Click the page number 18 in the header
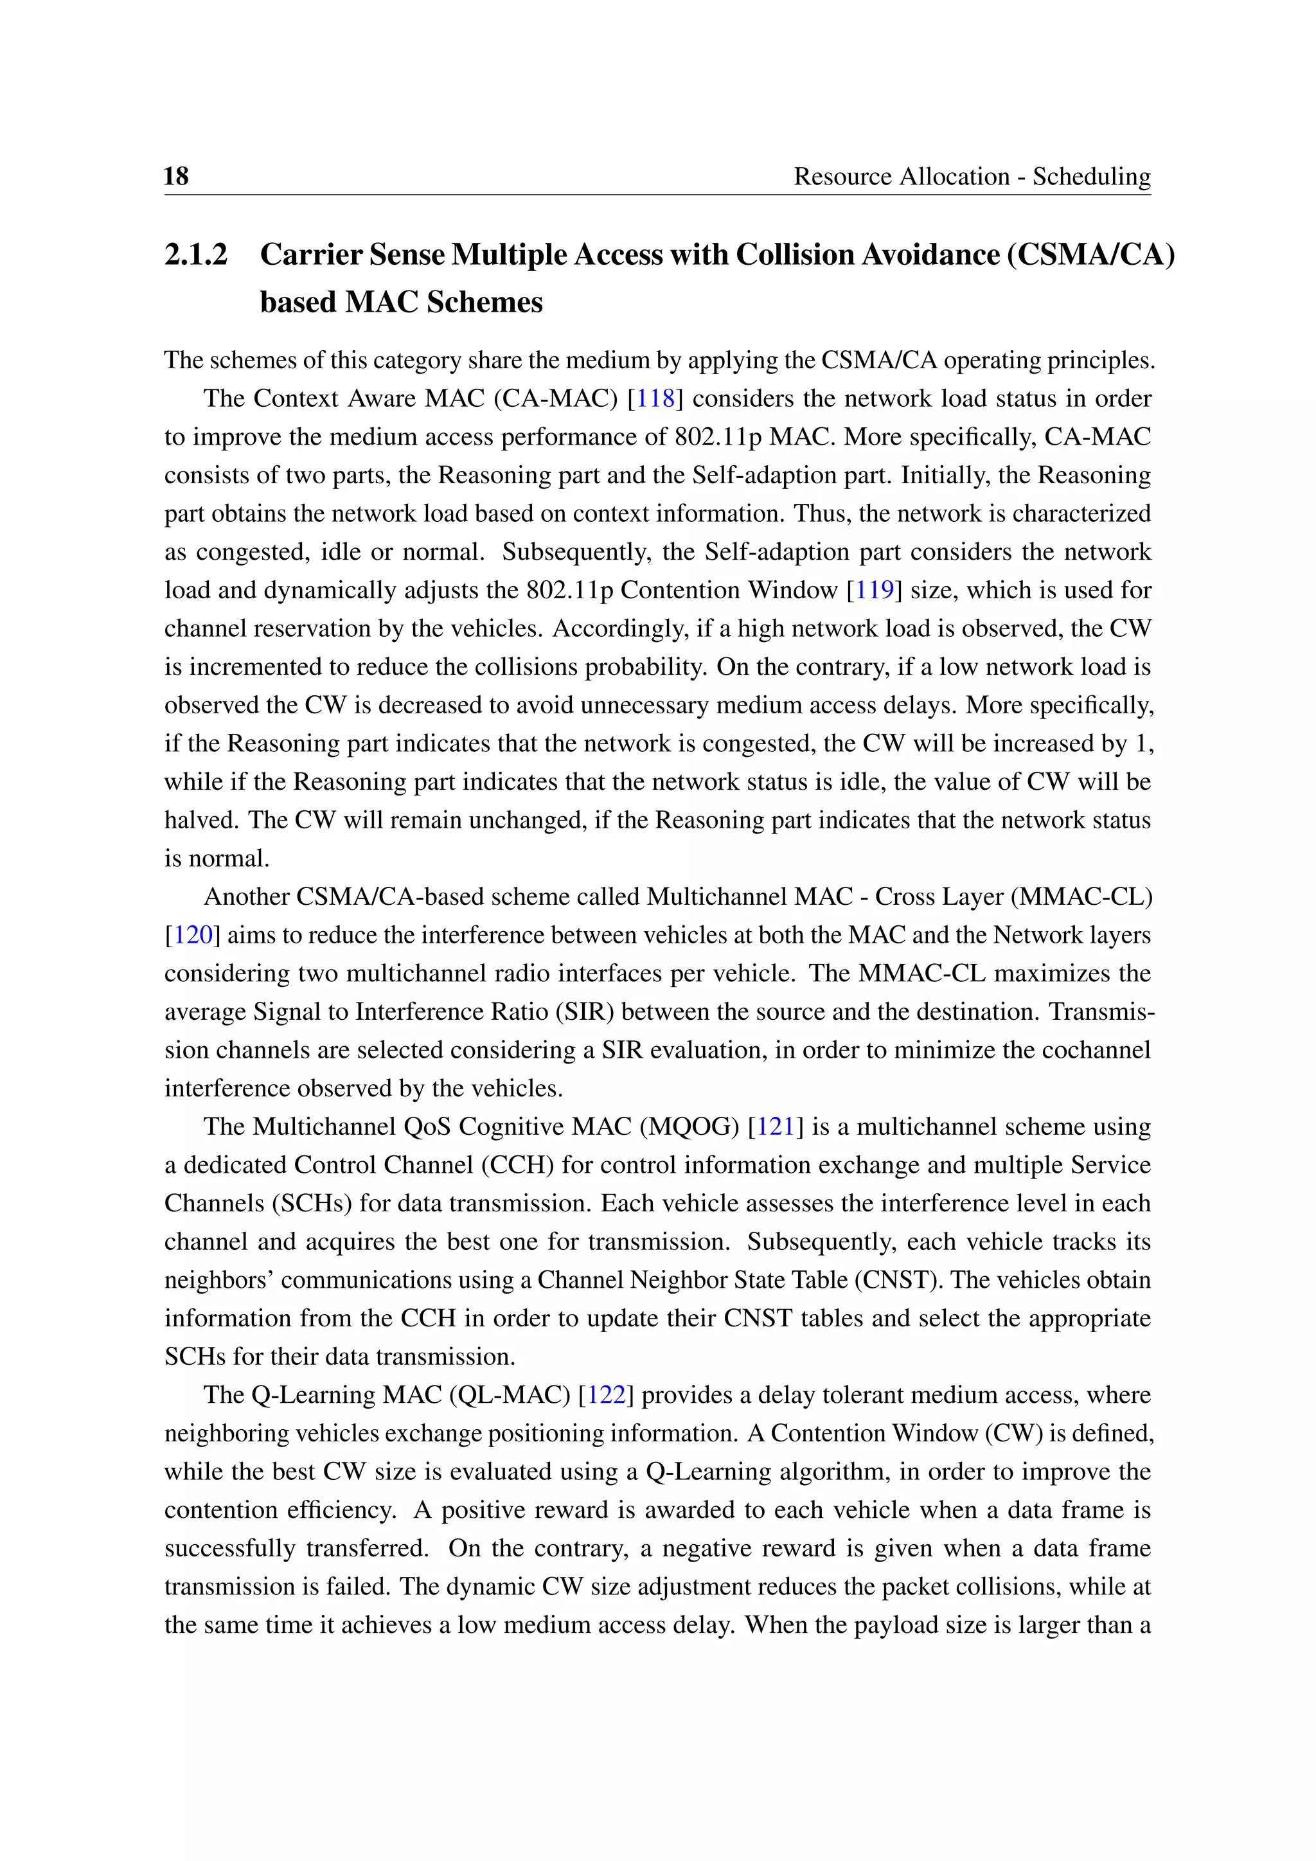[176, 176]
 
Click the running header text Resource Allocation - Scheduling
[972, 176]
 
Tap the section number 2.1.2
[196, 254]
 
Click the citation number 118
[655, 399]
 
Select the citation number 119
[875, 590]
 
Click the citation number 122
[606, 1395]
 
